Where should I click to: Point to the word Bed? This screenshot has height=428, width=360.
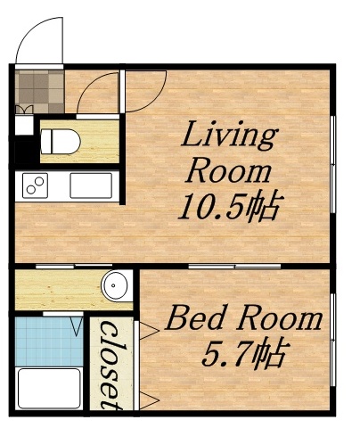tap(198, 318)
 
